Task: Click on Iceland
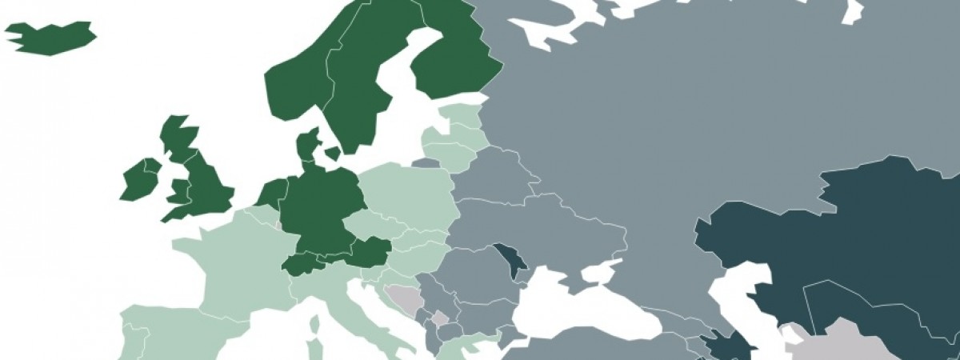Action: [x=50, y=38]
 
